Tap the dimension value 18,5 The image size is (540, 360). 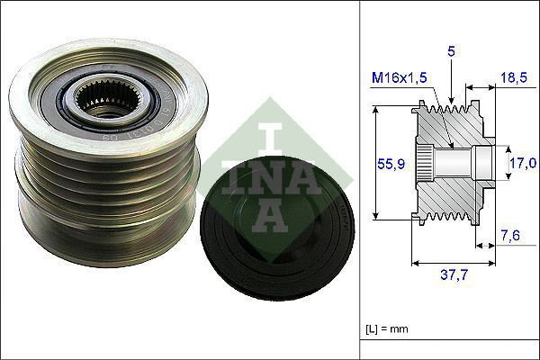click(515, 79)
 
